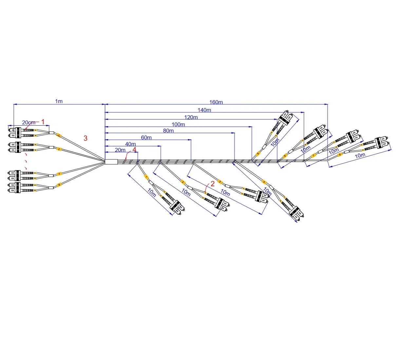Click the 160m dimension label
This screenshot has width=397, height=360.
pyautogui.click(x=216, y=102)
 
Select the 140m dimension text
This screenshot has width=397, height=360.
pyautogui.click(x=204, y=110)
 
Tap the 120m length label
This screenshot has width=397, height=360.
pyautogui.click(x=191, y=117)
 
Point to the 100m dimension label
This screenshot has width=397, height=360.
pyautogui.click(x=178, y=124)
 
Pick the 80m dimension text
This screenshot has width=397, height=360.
pyautogui.click(x=168, y=131)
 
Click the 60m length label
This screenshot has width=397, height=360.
pyautogui.click(x=146, y=137)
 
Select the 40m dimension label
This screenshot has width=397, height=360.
pyautogui.click(x=130, y=144)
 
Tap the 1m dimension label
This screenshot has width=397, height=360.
pyautogui.click(x=59, y=101)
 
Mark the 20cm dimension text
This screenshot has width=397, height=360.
pyautogui.click(x=28, y=122)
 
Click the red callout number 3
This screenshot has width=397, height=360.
pyautogui.click(x=85, y=138)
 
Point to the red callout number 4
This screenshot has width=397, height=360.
pyautogui.click(x=134, y=149)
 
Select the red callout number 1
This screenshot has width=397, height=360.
pyautogui.click(x=43, y=122)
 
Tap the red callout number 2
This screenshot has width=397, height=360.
pyautogui.click(x=212, y=184)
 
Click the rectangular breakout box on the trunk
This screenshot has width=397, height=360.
pyautogui.click(x=111, y=162)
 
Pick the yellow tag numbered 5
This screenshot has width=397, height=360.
pyautogui.click(x=258, y=153)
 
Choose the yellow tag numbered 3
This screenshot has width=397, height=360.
pyautogui.click(x=220, y=182)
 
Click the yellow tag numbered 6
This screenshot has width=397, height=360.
pyautogui.click(x=285, y=156)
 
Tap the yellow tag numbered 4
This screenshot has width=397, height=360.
pyautogui.click(x=264, y=182)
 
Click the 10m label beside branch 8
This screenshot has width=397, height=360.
pyautogui.click(x=360, y=155)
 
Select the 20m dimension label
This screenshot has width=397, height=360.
pyautogui.click(x=120, y=150)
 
